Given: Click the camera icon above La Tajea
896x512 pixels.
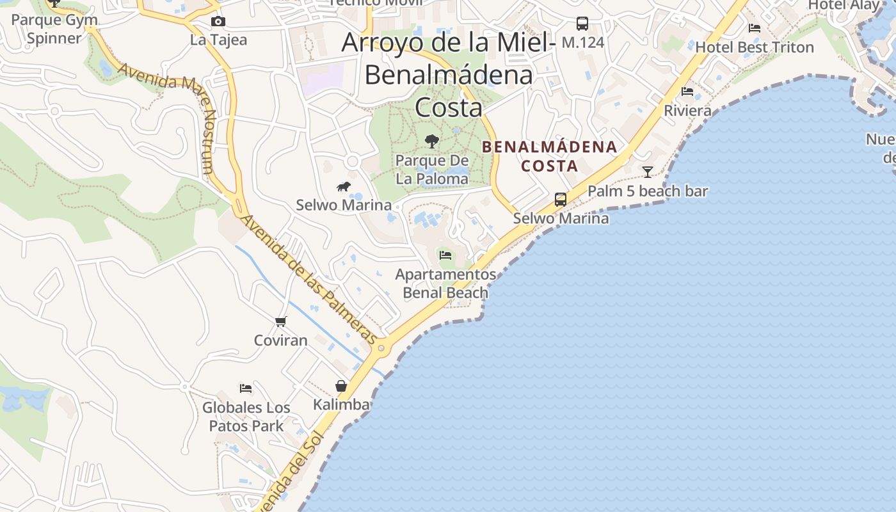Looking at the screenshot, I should pos(218,22).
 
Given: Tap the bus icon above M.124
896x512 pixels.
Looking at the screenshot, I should pos(582,24).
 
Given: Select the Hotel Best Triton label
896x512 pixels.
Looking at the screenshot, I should pos(755,47).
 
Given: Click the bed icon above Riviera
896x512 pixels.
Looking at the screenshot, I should pos(687,92).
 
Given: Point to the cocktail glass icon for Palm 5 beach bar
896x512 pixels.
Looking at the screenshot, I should pos(648,172).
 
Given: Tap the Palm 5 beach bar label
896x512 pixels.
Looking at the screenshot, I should pos(648,191).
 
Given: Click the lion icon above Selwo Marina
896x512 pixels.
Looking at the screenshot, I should pos(344,187).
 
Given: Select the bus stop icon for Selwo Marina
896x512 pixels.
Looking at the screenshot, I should pos(561,199).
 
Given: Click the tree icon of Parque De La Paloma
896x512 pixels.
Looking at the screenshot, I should pos(432,141).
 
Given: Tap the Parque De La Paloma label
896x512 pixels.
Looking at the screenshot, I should pos(432,170).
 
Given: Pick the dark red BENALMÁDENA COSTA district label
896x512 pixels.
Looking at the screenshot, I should pos(549,156).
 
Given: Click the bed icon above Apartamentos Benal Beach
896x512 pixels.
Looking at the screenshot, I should pos(445,255).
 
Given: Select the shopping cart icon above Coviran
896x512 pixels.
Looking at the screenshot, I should pos(280,321).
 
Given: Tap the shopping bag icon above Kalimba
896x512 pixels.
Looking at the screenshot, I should pos(341,386).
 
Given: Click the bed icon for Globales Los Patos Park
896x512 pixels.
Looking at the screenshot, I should pos(246,388).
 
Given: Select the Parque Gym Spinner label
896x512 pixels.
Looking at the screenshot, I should pos(54,29).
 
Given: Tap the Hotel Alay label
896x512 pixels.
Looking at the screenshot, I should pos(844,5).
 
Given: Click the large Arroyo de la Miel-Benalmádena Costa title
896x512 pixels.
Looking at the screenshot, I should pos(448,74).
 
